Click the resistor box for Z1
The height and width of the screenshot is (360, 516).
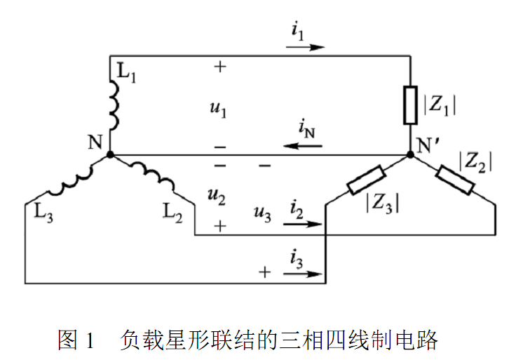pos(410,105)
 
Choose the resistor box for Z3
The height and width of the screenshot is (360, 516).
pos(365,180)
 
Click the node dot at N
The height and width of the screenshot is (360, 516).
pos(110,154)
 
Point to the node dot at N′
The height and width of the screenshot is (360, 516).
pos(410,154)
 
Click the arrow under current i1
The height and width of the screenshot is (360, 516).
pos(306,48)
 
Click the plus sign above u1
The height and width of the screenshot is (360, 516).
pos(220,68)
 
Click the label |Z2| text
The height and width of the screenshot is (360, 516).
pos(475,161)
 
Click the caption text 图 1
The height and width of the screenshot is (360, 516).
pos(75,341)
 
